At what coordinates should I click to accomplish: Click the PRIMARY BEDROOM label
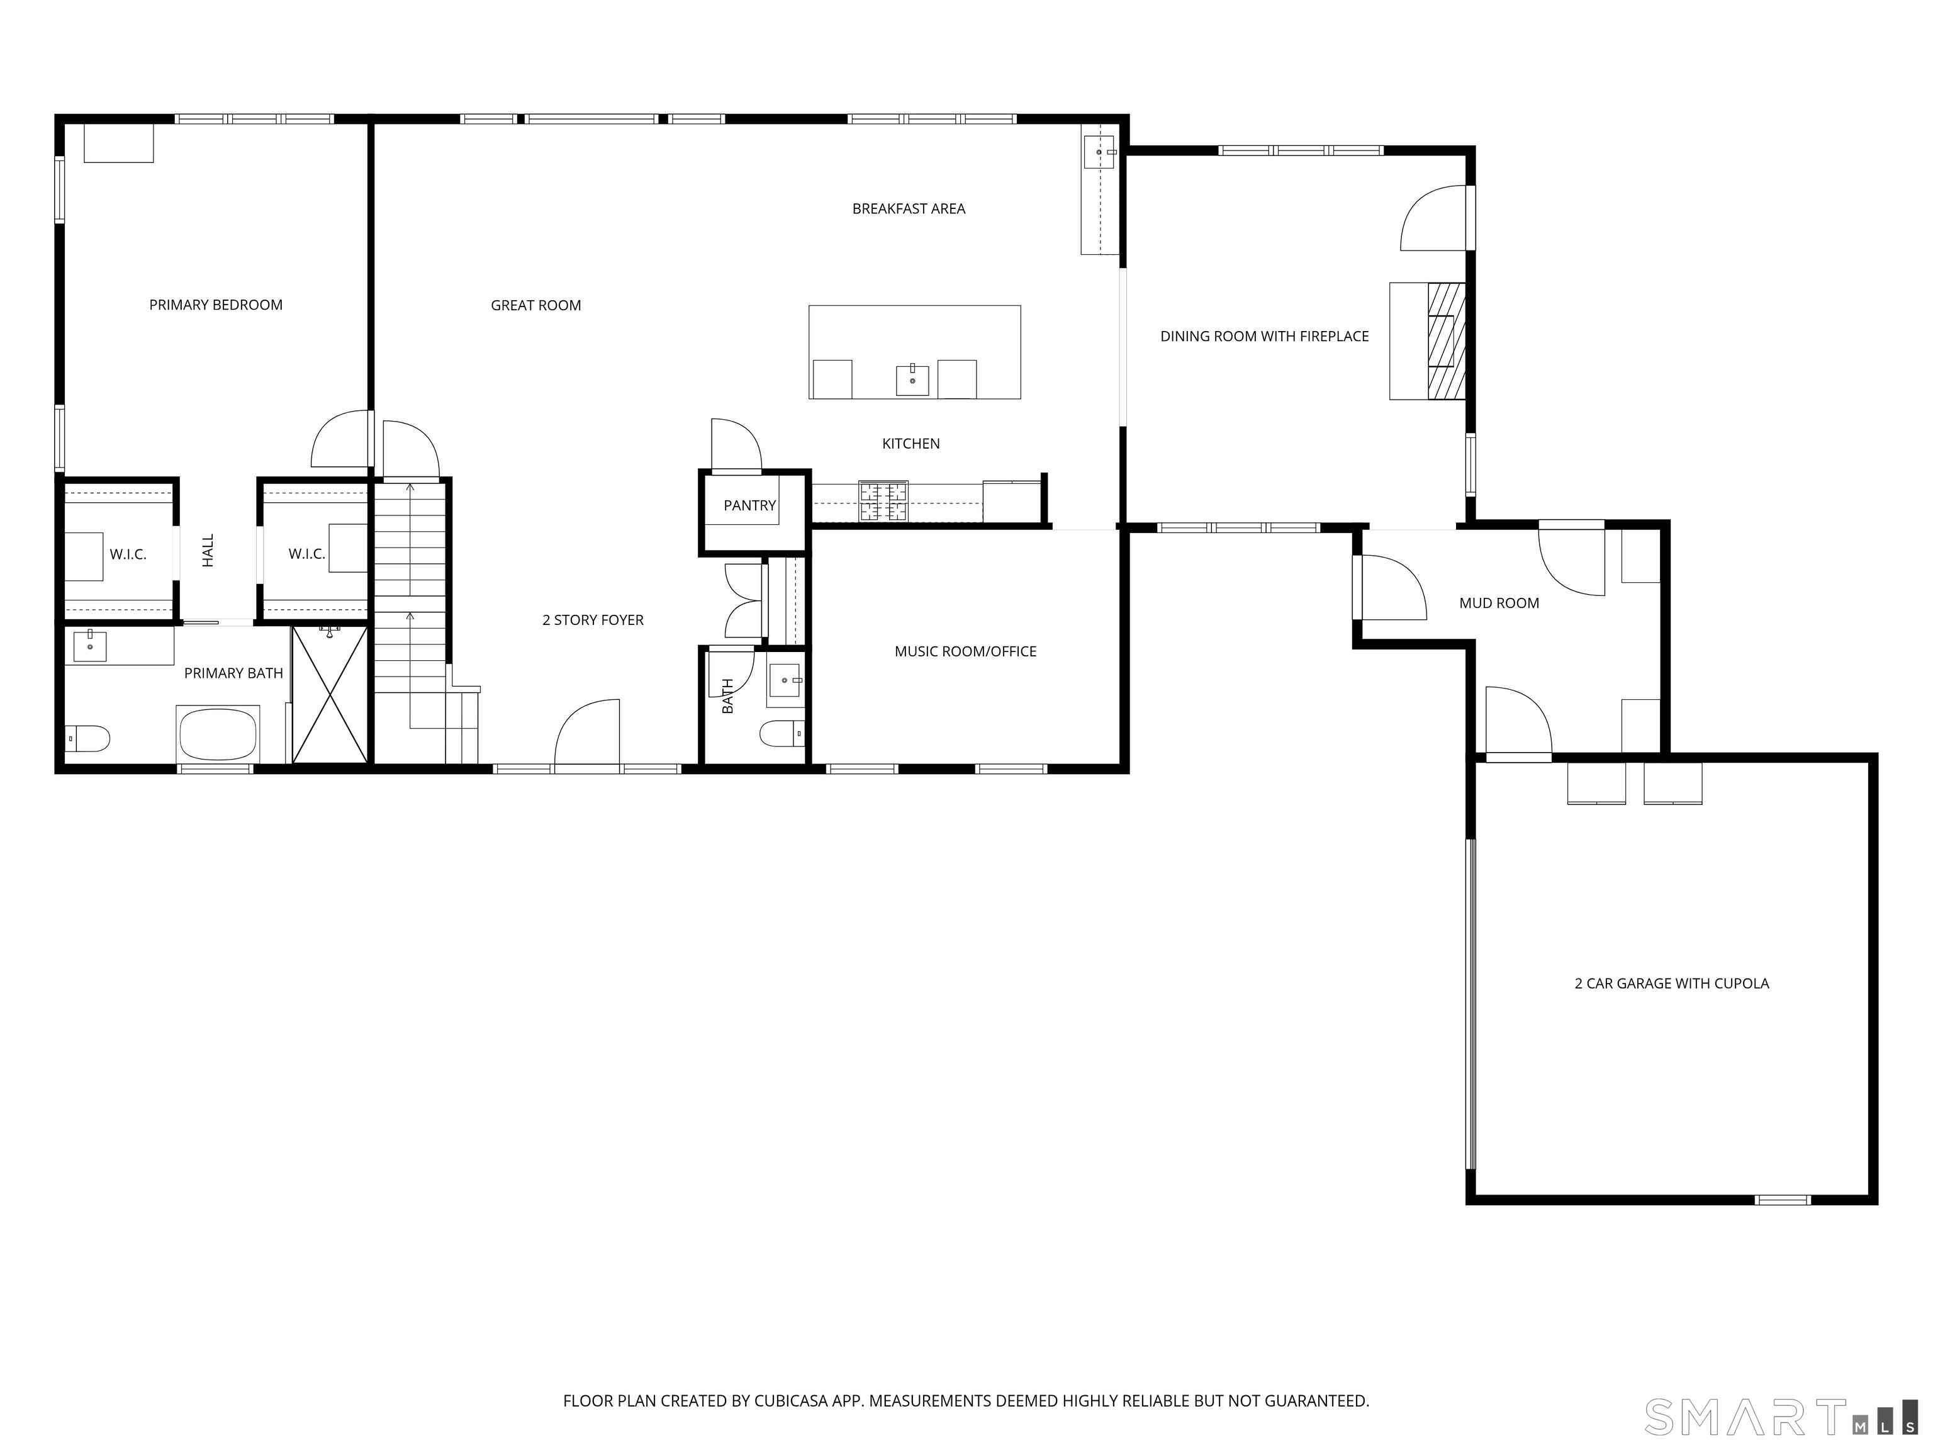click(x=216, y=305)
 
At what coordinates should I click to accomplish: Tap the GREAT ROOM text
click(x=535, y=305)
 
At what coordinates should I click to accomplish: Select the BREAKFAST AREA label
click(x=908, y=209)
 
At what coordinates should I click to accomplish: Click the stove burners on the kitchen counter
click(x=883, y=502)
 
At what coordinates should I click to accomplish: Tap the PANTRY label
click(x=749, y=505)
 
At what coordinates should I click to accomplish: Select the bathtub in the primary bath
click(x=218, y=735)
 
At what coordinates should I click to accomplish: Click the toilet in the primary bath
click(x=87, y=739)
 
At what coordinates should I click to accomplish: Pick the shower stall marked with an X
click(x=330, y=694)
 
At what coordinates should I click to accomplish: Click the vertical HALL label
click(x=208, y=551)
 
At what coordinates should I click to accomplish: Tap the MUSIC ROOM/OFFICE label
click(x=965, y=651)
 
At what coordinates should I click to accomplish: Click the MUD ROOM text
click(x=1499, y=603)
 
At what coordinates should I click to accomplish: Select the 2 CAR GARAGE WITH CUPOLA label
click(x=1671, y=983)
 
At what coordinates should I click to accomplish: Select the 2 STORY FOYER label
click(x=593, y=620)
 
